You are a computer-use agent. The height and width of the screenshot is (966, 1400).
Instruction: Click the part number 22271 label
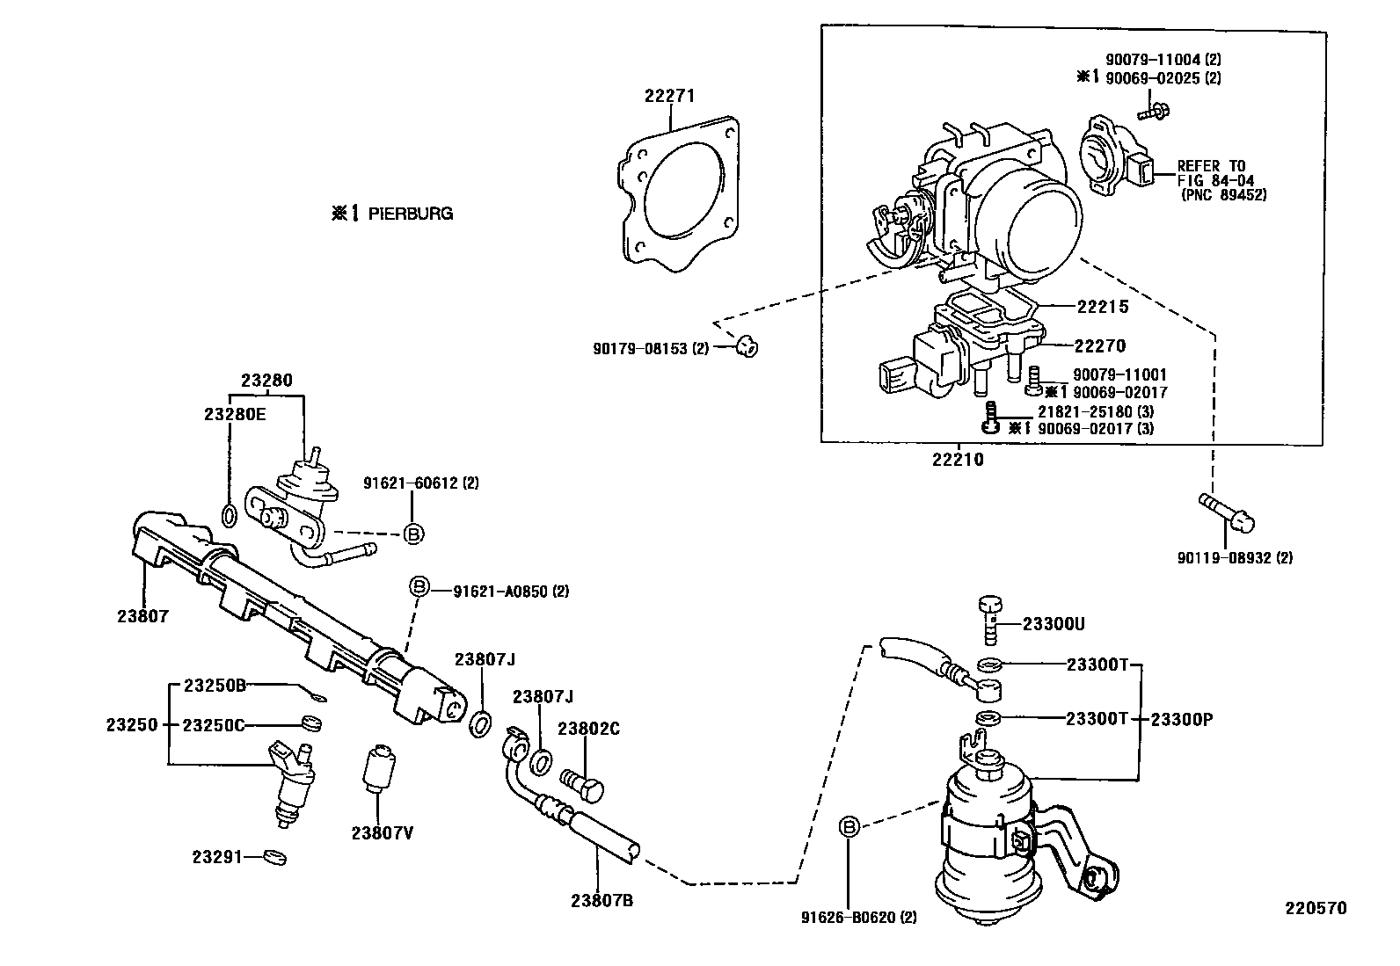click(x=669, y=97)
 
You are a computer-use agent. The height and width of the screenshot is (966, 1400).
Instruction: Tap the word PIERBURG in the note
click(x=410, y=214)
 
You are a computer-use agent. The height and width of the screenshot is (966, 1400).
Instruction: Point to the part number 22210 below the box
click(x=958, y=460)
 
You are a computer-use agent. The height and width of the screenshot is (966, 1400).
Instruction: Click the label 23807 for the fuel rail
click(x=142, y=617)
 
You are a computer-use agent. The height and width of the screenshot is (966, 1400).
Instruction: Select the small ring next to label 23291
click(x=275, y=855)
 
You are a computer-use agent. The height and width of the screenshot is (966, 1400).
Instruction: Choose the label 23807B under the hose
click(x=602, y=900)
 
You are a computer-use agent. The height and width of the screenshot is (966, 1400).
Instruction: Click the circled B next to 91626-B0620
click(x=849, y=826)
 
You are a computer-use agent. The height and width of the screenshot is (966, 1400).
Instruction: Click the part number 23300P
click(x=1181, y=719)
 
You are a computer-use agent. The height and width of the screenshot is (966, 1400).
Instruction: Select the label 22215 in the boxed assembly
click(x=1102, y=308)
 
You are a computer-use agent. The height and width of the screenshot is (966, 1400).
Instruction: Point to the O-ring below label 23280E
click(x=228, y=515)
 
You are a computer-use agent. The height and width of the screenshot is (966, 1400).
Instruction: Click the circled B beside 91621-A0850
click(x=419, y=588)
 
